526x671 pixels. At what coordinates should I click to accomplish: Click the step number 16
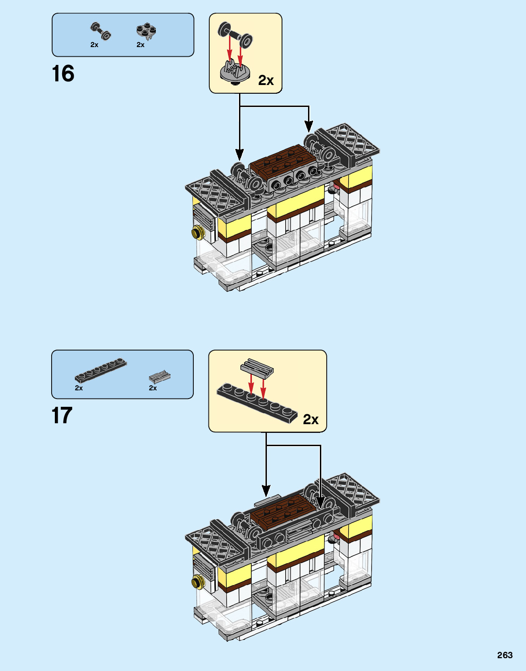click(63, 74)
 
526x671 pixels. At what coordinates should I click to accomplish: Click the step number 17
click(62, 415)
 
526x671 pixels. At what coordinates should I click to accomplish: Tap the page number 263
click(505, 655)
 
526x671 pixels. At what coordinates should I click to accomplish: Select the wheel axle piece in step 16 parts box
click(101, 31)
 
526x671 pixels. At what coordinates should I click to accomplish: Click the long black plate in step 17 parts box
click(101, 371)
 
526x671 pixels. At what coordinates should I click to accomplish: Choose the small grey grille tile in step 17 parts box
click(159, 377)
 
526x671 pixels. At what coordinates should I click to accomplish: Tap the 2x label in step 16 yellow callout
click(266, 80)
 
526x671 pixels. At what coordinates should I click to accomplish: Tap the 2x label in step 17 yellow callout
click(311, 419)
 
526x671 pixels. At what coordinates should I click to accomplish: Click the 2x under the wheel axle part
click(94, 45)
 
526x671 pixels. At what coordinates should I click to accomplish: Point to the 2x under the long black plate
click(79, 388)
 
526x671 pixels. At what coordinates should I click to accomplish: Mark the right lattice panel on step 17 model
click(352, 492)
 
